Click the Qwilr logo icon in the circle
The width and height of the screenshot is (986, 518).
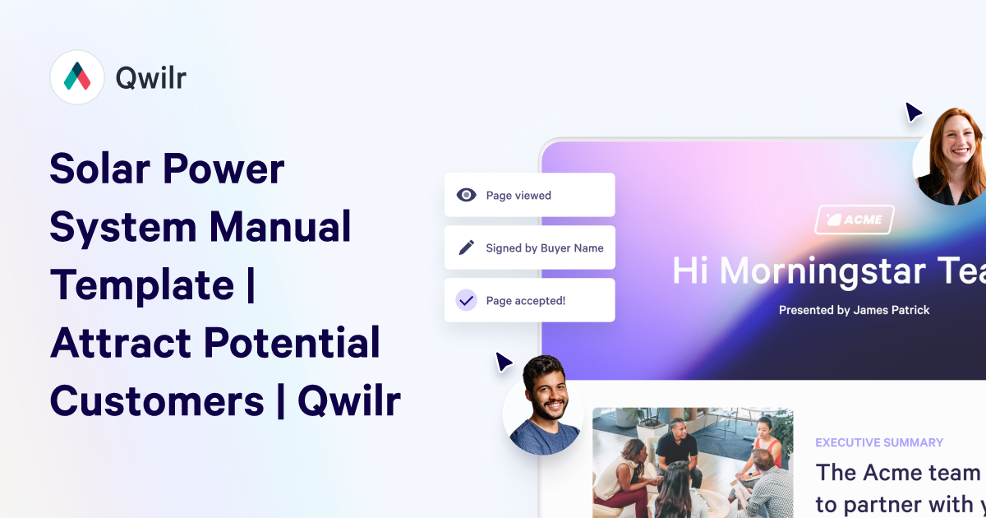(x=77, y=77)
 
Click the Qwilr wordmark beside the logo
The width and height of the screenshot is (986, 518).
(x=151, y=77)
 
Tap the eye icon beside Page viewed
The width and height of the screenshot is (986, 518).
(x=467, y=195)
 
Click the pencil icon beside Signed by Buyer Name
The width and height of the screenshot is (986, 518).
(x=467, y=247)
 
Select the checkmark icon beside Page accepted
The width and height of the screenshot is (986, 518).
(x=467, y=300)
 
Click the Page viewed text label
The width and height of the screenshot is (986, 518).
(x=518, y=196)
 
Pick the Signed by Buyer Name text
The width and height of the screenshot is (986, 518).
(x=545, y=248)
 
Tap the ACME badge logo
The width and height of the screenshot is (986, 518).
(x=855, y=220)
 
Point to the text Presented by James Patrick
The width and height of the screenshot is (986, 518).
(x=855, y=310)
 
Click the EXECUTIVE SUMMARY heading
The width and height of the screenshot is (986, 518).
(x=879, y=442)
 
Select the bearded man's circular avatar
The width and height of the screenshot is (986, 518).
(x=543, y=405)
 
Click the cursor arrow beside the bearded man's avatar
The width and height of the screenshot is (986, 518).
(x=504, y=362)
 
